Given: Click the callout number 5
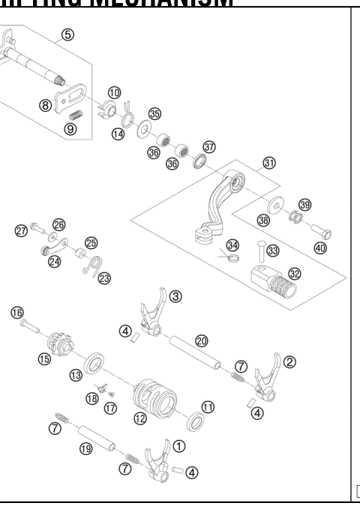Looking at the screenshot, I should (68, 34).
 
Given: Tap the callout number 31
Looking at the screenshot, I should (269, 163).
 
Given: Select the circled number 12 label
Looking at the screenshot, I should (139, 418).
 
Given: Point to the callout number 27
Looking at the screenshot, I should (21, 231).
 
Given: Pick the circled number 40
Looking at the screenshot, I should (320, 247).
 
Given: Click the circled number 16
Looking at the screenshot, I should (16, 312).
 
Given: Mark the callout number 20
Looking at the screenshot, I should (201, 340).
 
